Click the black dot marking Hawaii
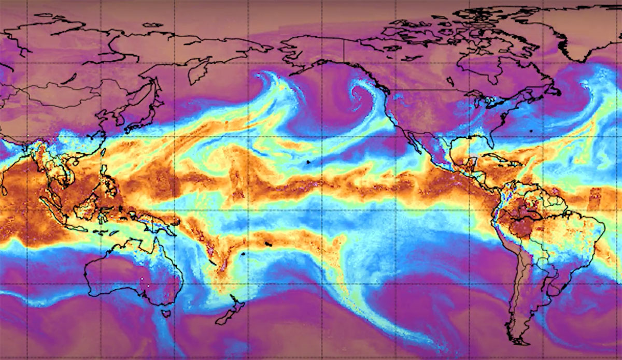point(308,162)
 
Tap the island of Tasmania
point(166,313)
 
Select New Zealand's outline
point(231,311)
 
